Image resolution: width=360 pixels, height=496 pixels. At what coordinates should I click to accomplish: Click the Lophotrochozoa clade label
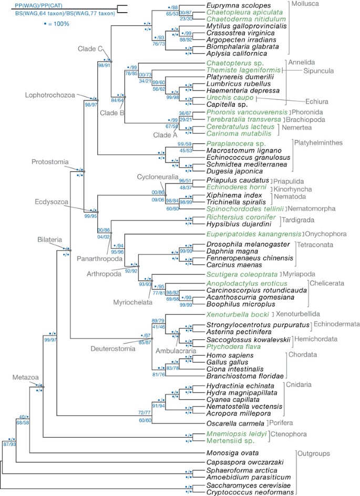click(x=48, y=95)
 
